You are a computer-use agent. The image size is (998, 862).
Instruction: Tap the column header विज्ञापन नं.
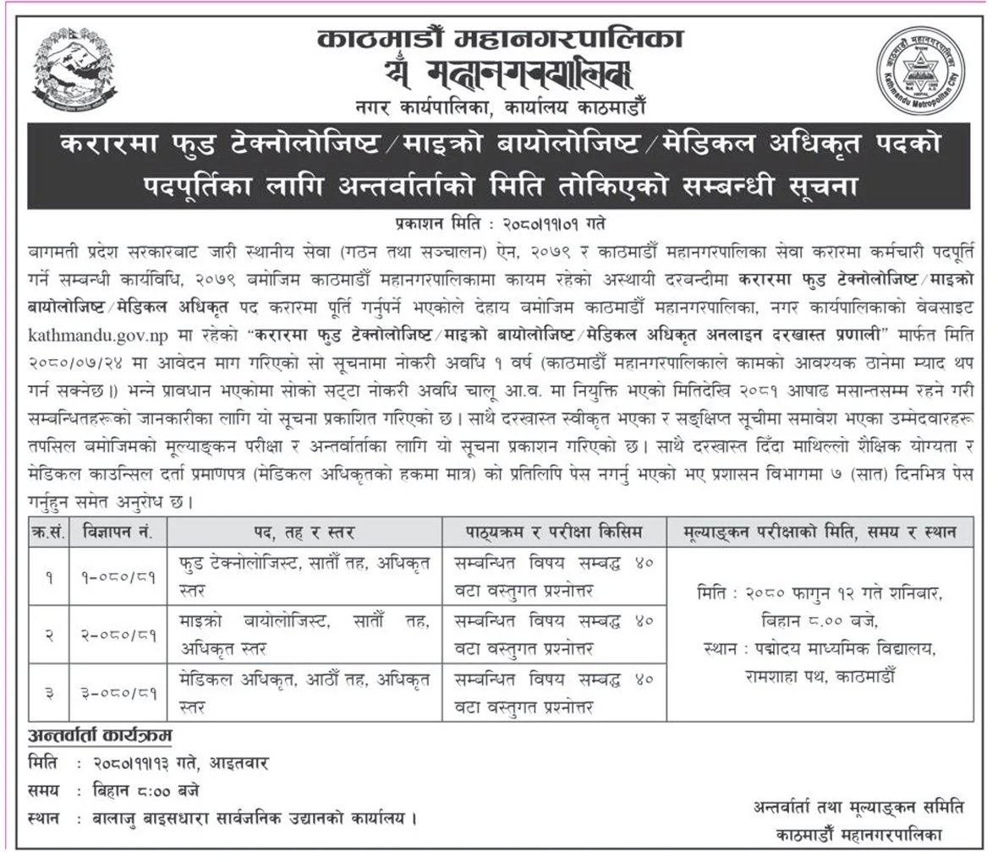tap(117, 532)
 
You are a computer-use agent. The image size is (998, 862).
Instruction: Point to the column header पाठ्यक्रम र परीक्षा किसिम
tap(554, 532)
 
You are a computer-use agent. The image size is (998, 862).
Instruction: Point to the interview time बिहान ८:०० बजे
tap(147, 791)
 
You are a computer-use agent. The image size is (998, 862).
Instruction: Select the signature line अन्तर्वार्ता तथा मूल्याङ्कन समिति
tap(858, 807)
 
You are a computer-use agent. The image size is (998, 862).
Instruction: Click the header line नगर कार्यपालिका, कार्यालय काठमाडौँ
tap(500, 107)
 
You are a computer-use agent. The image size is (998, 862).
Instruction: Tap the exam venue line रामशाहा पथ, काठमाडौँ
tap(819, 676)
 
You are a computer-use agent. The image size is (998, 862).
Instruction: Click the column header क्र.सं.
tap(47, 532)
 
